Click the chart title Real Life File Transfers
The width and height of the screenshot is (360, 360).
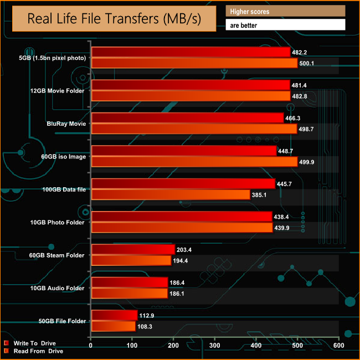(114, 20)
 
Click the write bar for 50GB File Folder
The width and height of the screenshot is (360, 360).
(114, 315)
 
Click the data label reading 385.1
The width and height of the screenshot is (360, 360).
(259, 194)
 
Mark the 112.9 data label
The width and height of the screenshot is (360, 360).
(146, 315)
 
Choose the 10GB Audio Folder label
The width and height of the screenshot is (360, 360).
(63, 288)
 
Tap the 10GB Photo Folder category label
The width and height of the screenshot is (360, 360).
(63, 223)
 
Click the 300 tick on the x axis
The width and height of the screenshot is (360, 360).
(215, 347)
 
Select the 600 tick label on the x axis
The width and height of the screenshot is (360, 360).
(338, 347)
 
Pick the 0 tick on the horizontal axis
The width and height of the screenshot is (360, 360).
(91, 347)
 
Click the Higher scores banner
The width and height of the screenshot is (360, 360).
(286, 11)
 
